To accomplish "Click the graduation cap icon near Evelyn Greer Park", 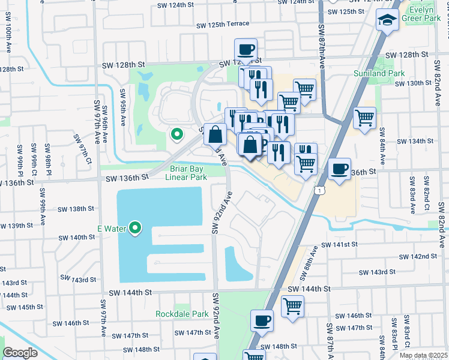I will [388, 20].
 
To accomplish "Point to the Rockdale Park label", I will [182, 314].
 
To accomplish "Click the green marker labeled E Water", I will [135, 228].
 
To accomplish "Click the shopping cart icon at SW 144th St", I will [292, 306].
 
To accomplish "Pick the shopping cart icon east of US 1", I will [364, 118].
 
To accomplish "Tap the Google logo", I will [20, 353].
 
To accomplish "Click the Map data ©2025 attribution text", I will [423, 356].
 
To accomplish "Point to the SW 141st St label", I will [339, 245].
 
